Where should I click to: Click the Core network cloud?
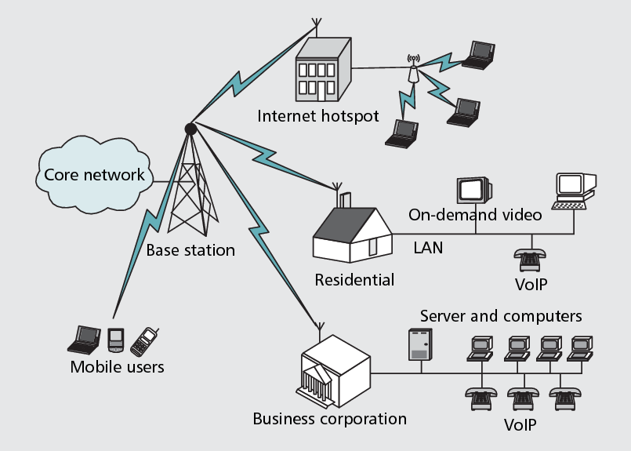click(94, 174)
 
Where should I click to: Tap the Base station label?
click(190, 251)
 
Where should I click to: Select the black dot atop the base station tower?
click(190, 128)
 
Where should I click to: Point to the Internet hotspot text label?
click(317, 117)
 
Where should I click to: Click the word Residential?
click(354, 280)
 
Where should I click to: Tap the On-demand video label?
click(475, 215)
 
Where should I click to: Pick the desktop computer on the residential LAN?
click(575, 189)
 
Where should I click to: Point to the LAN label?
click(428, 248)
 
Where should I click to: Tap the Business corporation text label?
click(329, 418)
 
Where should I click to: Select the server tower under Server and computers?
click(419, 344)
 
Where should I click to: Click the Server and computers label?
click(501, 316)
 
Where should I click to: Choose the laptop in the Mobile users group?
click(83, 339)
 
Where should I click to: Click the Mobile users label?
click(118, 367)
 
